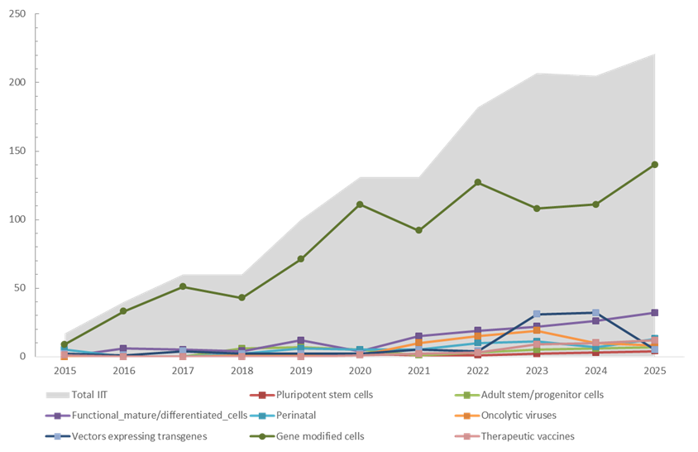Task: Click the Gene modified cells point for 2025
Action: coord(655,165)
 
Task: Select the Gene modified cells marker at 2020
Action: coord(360,204)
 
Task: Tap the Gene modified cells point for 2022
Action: coord(478,182)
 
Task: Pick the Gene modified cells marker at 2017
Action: coord(183,286)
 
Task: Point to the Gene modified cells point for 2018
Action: coord(241,297)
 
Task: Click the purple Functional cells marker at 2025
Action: coord(655,313)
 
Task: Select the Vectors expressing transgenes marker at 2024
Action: coord(595,313)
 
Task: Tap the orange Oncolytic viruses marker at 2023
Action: coord(537,330)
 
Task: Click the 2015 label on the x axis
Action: coord(65,371)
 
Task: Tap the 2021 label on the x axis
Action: coord(418,371)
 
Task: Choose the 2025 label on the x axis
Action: coord(655,371)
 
